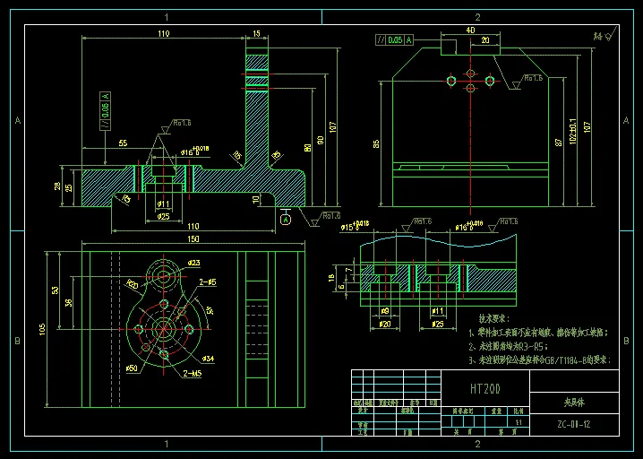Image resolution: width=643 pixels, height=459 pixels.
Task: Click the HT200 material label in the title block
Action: [484, 388]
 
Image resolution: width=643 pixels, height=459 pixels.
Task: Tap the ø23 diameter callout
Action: [194, 263]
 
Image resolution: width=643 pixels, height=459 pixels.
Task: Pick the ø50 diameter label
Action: [131, 368]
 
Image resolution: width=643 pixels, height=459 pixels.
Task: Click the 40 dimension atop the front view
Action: [470, 30]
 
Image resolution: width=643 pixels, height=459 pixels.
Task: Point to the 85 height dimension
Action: [377, 143]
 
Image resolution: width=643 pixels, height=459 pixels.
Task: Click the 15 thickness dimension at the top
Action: [258, 33]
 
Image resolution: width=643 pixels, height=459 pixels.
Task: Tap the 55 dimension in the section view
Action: [122, 143]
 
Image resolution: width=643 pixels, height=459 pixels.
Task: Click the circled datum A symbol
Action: [286, 219]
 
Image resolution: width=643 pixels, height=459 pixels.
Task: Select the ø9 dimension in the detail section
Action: [385, 310]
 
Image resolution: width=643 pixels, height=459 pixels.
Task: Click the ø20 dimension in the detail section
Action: [385, 324]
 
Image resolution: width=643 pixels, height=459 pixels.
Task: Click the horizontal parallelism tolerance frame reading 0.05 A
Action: [395, 39]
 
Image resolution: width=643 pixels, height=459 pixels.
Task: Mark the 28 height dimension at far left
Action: [58, 186]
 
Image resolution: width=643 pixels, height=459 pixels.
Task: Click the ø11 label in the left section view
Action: [164, 205]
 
